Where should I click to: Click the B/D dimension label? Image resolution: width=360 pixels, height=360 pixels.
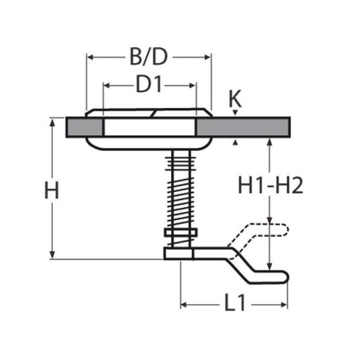click(x=148, y=58)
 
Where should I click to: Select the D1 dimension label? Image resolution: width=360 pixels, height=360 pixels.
click(x=149, y=84)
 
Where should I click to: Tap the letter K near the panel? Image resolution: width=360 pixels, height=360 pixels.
click(x=234, y=99)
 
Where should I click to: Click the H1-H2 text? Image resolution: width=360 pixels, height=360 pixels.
click(x=270, y=186)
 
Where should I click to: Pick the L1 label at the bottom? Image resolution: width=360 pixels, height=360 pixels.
click(x=234, y=304)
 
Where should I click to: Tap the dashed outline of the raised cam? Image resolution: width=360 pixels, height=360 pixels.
click(x=260, y=233)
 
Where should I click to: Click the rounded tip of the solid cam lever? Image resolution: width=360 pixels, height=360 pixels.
click(x=282, y=276)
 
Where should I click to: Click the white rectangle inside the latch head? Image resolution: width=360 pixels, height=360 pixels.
click(x=149, y=127)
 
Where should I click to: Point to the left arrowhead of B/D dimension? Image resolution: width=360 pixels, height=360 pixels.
click(x=90, y=58)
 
